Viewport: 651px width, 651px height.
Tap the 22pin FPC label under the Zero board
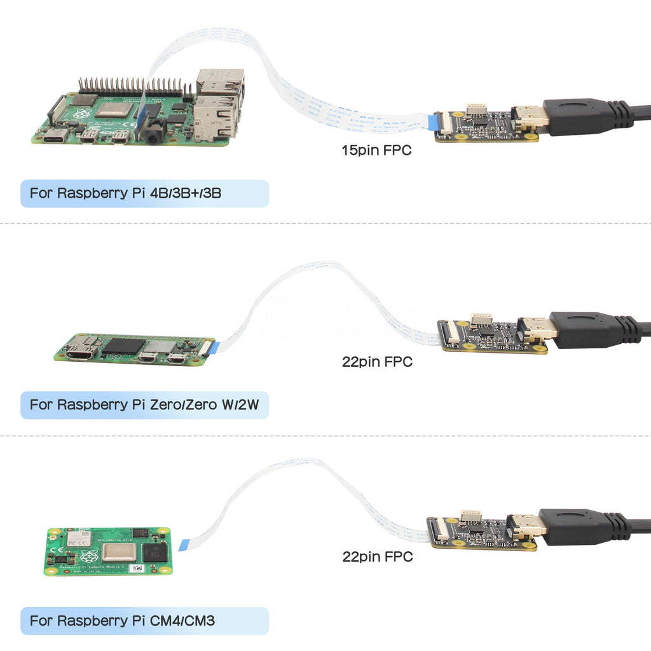377,362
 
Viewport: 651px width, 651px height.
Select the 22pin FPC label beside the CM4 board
377,556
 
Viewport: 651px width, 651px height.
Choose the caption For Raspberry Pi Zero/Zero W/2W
144,404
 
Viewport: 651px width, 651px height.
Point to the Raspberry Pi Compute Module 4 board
107,551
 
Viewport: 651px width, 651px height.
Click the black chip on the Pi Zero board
123,346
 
